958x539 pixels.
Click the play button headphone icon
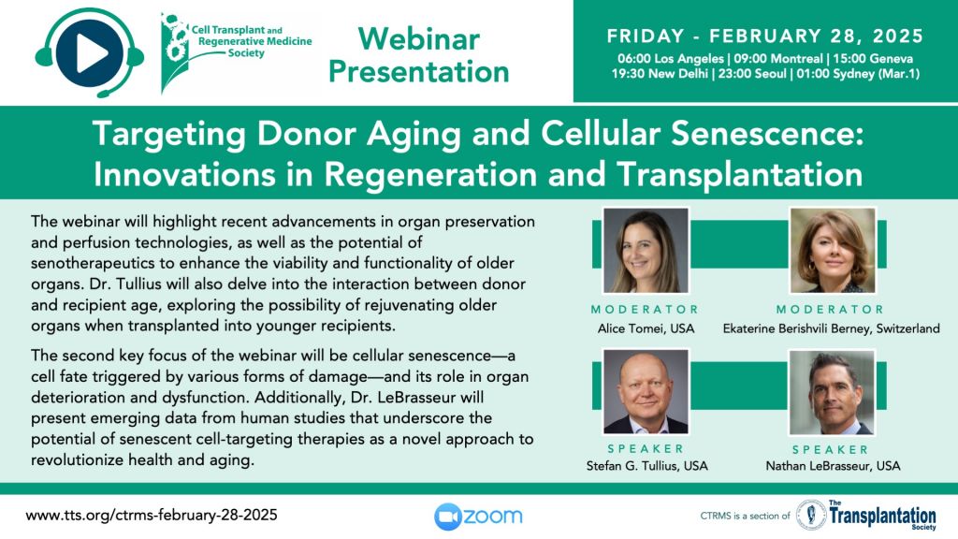click(x=90, y=53)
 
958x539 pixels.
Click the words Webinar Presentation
click(x=419, y=55)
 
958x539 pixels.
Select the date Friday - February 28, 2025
click(x=765, y=36)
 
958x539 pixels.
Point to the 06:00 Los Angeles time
click(x=670, y=59)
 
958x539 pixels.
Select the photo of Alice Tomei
click(x=646, y=251)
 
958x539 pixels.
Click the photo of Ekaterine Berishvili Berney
click(x=832, y=251)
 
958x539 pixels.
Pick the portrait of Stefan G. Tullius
click(x=646, y=392)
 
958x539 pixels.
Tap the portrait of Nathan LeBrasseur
click(x=832, y=392)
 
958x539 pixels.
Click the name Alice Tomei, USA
click(x=646, y=328)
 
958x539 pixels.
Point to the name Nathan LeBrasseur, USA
click(x=833, y=466)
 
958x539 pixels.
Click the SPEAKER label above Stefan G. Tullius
click(x=646, y=449)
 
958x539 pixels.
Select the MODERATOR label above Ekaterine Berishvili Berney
click(x=831, y=309)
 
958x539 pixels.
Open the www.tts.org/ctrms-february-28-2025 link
click(x=152, y=516)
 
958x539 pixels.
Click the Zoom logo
click(x=478, y=517)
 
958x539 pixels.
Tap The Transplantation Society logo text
click(x=881, y=516)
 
